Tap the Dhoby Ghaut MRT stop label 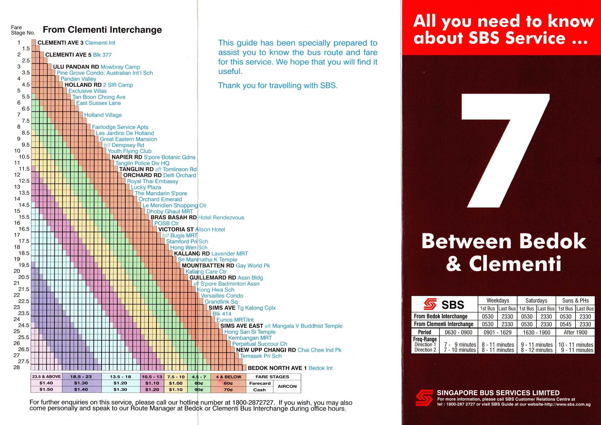(x=169, y=211)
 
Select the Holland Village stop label (x=103, y=115)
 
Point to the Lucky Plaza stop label (x=146, y=187)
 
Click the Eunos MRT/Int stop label (x=235, y=320)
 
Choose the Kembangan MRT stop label (x=250, y=338)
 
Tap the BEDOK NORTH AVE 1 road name (x=277, y=368)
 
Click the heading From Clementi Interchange (x=102, y=30)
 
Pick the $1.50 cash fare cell (x=46, y=389)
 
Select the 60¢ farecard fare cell (x=228, y=383)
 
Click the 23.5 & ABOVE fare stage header (x=46, y=377)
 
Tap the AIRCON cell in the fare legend (x=287, y=386)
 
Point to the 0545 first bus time (x=565, y=324)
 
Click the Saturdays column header (x=536, y=300)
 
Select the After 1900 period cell (x=575, y=332)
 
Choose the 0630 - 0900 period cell (x=458, y=332)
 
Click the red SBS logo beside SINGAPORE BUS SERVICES (x=424, y=398)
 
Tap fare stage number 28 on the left (x=16, y=367)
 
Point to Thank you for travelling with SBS (x=278, y=85)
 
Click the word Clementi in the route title (x=515, y=264)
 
